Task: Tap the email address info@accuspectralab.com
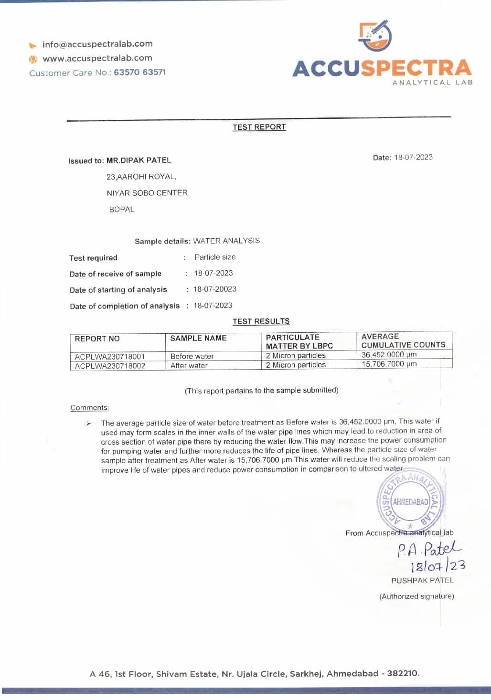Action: pos(97,44)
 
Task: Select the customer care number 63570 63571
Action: pos(140,72)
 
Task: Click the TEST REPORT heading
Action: pos(259,127)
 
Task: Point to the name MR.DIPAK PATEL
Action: pos(139,160)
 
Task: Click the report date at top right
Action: pos(413,157)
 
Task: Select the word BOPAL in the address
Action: pos(122,209)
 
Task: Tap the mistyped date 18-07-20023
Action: pos(215,289)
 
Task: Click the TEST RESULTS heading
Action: pos(261,321)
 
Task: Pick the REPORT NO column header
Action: pos(97,339)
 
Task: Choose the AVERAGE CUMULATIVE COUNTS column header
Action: pos(403,340)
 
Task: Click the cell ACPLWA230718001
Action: pos(110,356)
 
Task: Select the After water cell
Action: pos(189,365)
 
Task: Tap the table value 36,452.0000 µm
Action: pos(389,355)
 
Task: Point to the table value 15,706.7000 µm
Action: pos(389,364)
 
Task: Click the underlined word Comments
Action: pos(90,408)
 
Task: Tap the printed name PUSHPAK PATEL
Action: pos(422,580)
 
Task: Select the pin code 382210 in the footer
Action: pos(403,673)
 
